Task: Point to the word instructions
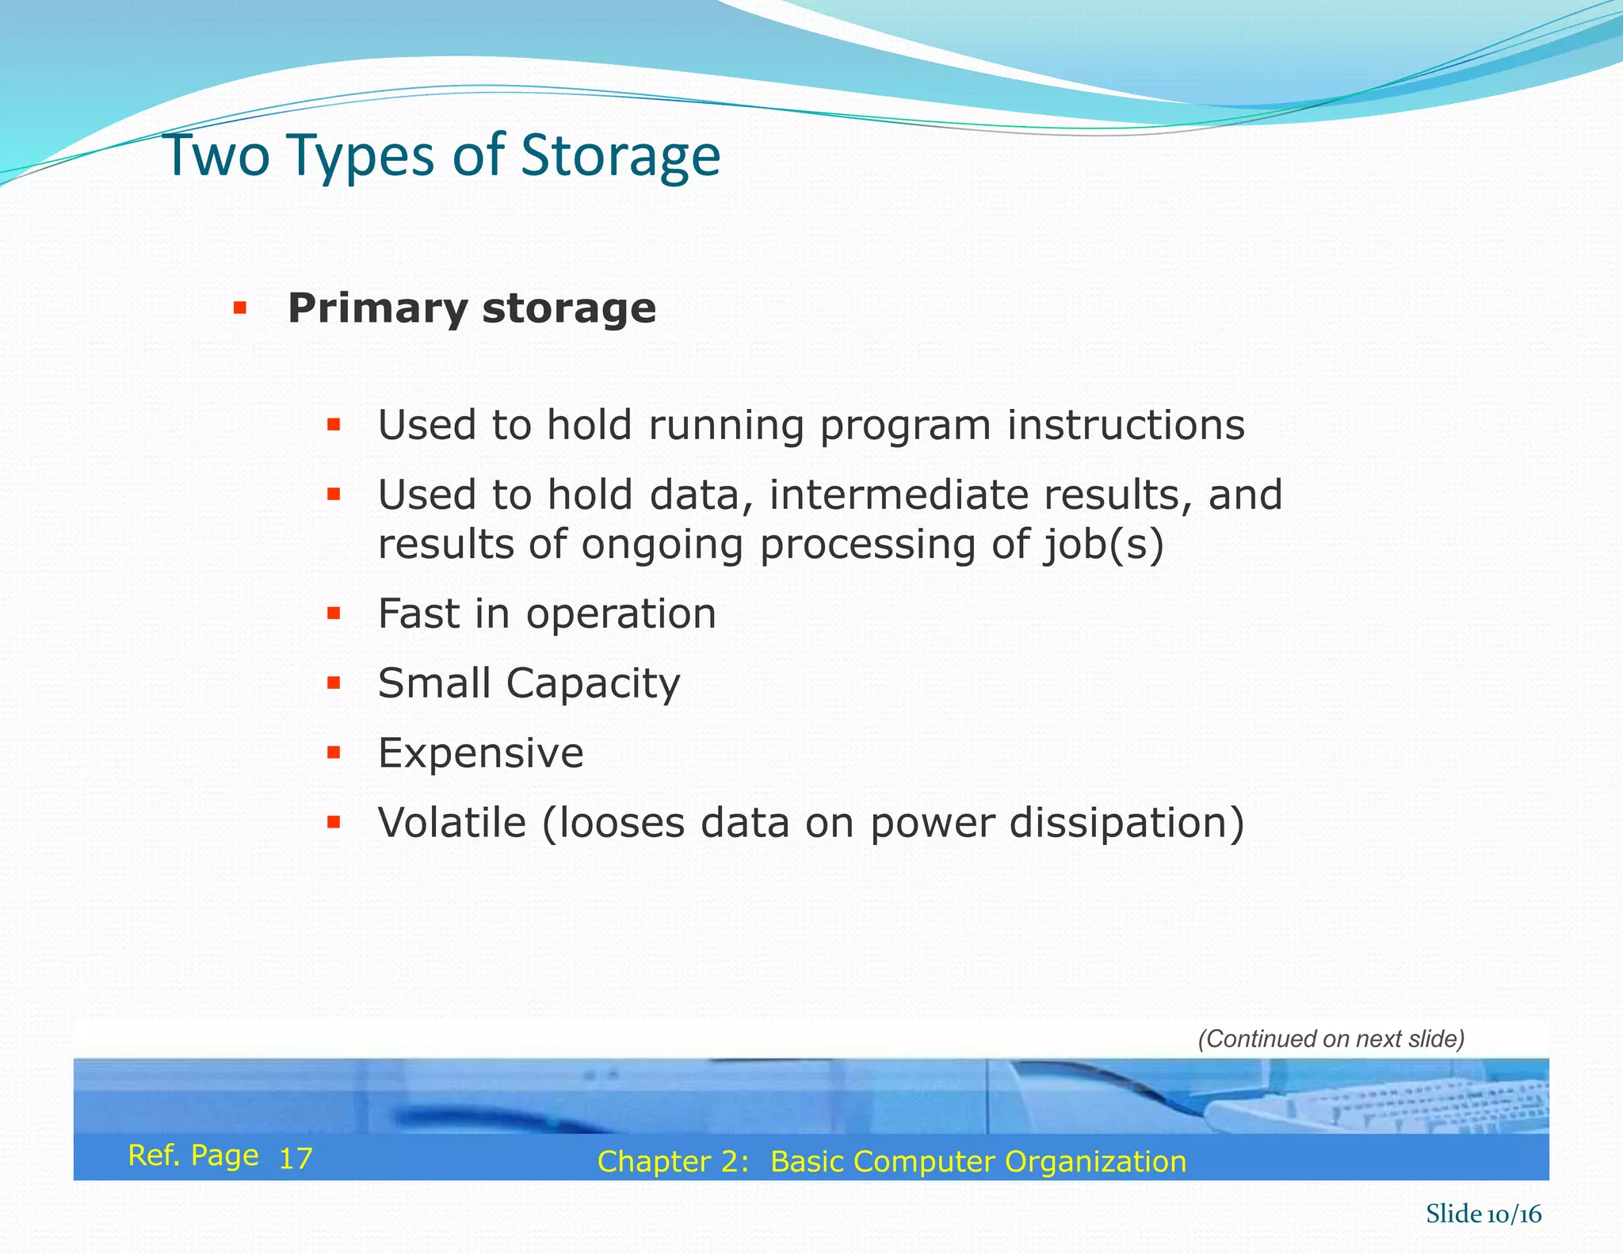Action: tap(1125, 426)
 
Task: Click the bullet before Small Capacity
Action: tap(334, 682)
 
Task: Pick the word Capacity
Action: tap(593, 683)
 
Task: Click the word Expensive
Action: tap(480, 753)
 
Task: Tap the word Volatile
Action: tap(452, 823)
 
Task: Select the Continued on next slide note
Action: tap(1331, 1038)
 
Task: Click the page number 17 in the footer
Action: tap(296, 1159)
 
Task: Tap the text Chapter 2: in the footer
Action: tap(673, 1161)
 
